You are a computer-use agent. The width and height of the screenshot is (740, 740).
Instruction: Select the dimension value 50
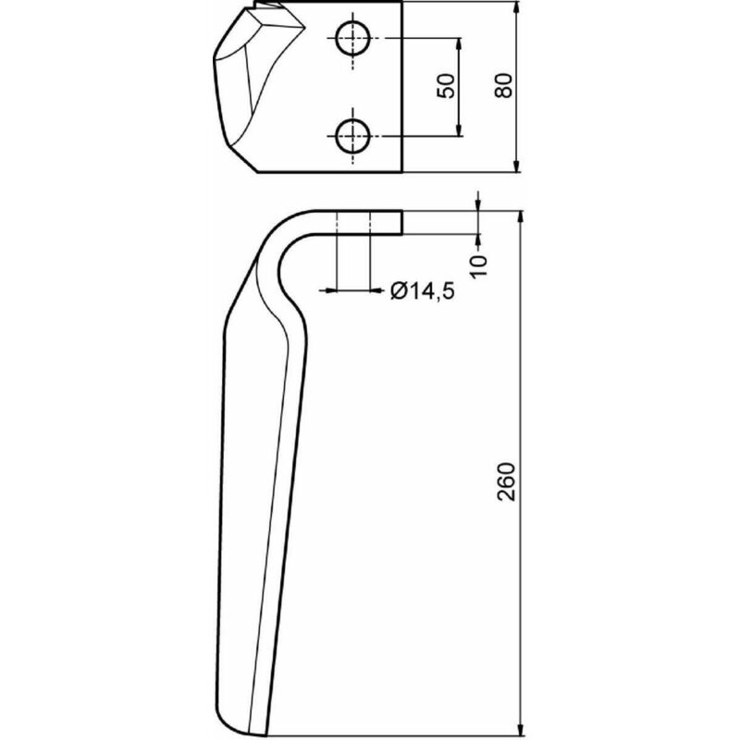(447, 86)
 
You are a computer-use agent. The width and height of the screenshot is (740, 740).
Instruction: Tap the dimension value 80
(503, 85)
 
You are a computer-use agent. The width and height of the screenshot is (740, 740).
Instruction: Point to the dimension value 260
(507, 481)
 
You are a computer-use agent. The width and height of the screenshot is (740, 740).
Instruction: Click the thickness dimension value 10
(478, 266)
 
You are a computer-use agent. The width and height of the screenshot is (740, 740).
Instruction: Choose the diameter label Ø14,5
(423, 290)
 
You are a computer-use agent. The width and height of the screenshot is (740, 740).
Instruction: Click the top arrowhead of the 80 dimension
(517, 8)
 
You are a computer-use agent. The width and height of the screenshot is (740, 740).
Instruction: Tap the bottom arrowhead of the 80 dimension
(517, 166)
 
